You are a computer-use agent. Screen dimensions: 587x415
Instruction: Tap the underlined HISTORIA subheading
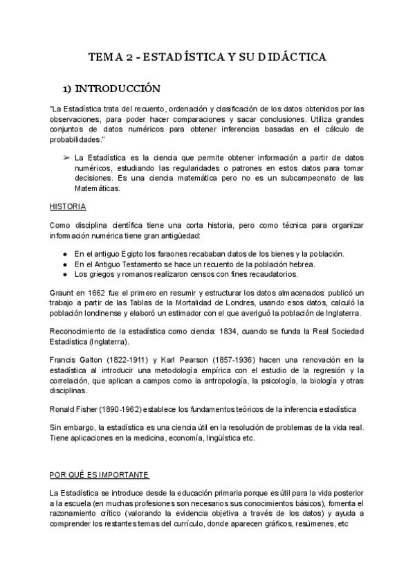[66, 207]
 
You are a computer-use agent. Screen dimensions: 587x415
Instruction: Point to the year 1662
[96, 293]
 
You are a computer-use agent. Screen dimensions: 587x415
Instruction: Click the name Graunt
[63, 293]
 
